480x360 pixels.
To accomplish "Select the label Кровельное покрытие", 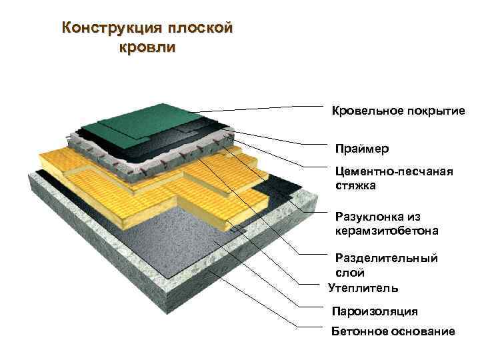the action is [398, 111].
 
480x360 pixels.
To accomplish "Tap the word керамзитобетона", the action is [387, 231].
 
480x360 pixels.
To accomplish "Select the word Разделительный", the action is [385, 259].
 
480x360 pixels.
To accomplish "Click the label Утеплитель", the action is [363, 288].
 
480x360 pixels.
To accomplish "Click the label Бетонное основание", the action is [393, 331].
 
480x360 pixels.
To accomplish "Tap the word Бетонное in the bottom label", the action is [358, 331].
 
